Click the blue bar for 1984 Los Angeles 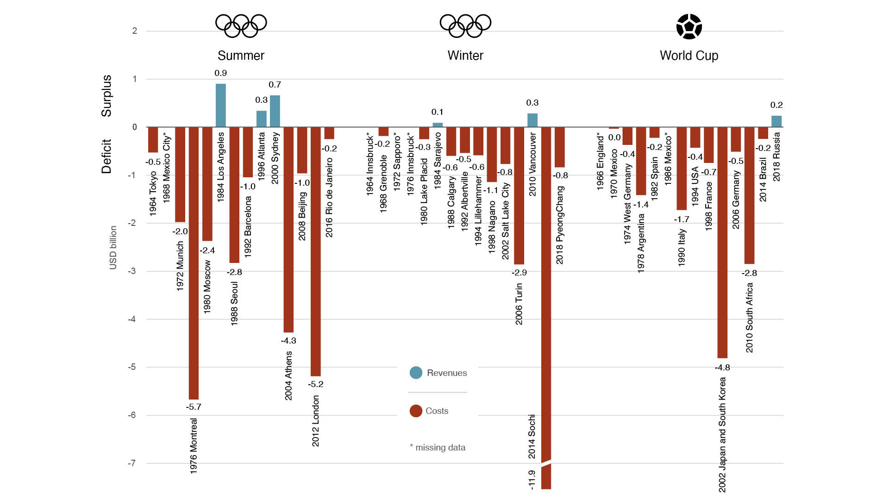(x=221, y=106)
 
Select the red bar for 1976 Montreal (x=194, y=263)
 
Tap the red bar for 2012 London (x=315, y=251)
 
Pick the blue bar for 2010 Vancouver (x=532, y=120)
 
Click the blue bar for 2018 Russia (x=776, y=121)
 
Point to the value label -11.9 (x=532, y=480)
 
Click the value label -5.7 (x=194, y=407)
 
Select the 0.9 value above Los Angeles (x=221, y=73)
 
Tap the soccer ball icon (x=689, y=26)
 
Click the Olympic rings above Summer (x=241, y=25)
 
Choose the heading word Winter (x=465, y=56)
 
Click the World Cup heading (x=689, y=56)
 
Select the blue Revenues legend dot (x=416, y=373)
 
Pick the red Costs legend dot (x=416, y=411)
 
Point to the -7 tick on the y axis (x=132, y=463)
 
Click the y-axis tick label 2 (x=135, y=31)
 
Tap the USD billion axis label (x=113, y=248)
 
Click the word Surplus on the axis (x=106, y=96)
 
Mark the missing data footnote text (x=438, y=448)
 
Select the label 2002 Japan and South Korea (x=722, y=434)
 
